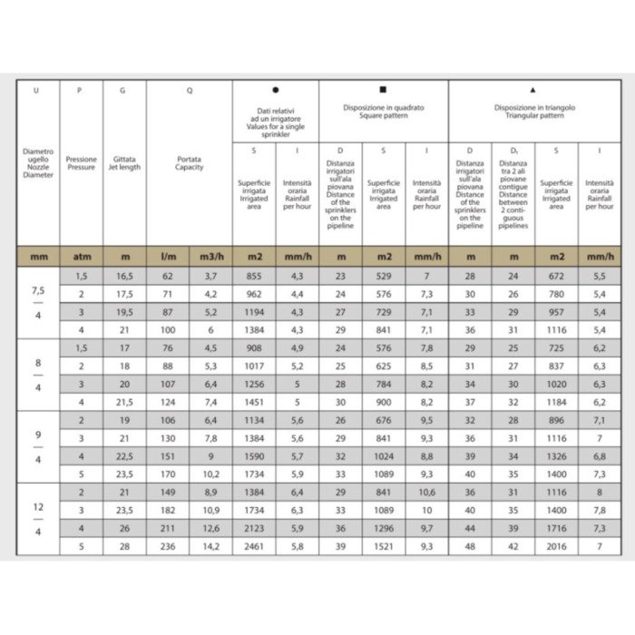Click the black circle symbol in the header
[276, 90]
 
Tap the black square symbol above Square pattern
[383, 90]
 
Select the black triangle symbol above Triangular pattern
[533, 90]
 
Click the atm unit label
[82, 257]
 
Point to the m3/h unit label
[210, 257]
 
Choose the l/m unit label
[168, 257]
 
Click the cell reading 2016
[556, 547]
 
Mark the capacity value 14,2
[210, 547]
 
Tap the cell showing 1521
[383, 547]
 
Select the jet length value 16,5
[123, 275]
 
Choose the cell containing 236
[168, 547]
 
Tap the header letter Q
[189, 90]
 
